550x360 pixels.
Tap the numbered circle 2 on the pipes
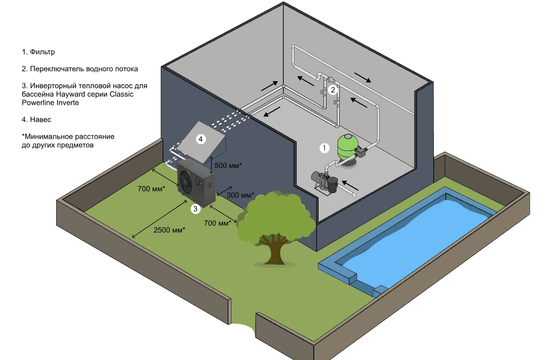(x=332, y=90)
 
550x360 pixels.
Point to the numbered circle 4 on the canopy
(x=201, y=139)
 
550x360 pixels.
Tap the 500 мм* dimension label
(x=228, y=165)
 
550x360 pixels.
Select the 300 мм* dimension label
(x=240, y=195)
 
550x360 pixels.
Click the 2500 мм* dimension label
(x=169, y=230)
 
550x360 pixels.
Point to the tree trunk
(x=275, y=249)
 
